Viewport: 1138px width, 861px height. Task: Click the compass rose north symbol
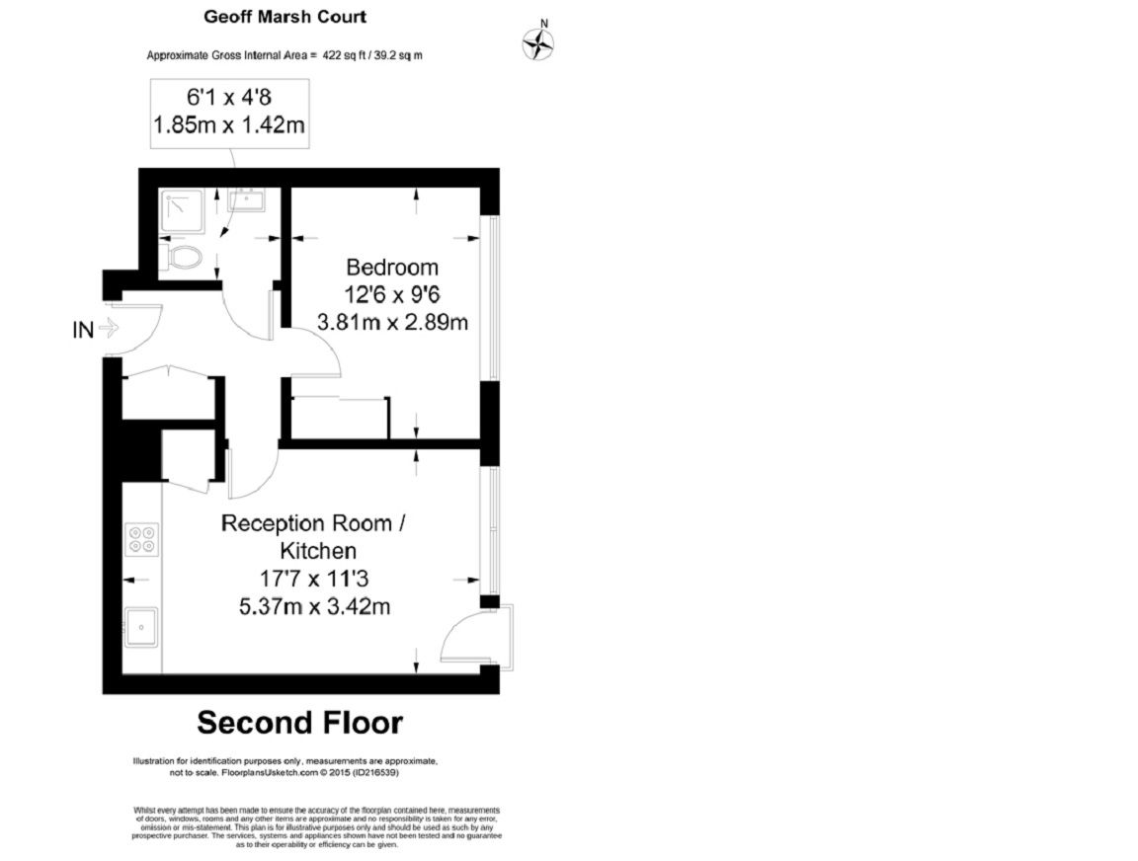538,41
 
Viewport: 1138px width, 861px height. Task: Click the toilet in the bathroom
184,258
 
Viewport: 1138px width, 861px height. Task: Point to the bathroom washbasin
245,200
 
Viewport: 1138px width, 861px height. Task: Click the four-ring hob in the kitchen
142,539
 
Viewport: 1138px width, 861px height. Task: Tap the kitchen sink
141,626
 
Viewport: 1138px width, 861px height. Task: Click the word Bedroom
391,268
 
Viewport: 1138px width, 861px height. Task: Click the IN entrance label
84,330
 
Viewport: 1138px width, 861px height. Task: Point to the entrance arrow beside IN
109,330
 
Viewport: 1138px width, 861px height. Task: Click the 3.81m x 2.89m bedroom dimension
391,322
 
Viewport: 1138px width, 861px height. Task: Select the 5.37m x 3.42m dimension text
315,606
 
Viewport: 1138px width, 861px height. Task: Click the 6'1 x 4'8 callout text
227,98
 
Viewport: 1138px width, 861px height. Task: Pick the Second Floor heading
299,723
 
